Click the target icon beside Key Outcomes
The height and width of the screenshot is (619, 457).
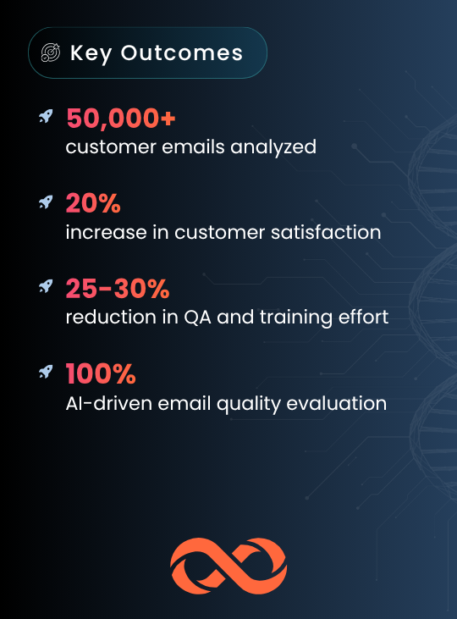coord(51,53)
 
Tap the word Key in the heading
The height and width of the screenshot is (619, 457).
coord(91,53)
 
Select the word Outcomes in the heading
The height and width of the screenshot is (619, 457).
coord(182,53)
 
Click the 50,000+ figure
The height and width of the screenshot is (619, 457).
coord(121,119)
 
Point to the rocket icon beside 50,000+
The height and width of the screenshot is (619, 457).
coord(46,117)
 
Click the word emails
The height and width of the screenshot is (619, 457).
coord(193,146)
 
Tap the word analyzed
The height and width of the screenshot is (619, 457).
coord(273,147)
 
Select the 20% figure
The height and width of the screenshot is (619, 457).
coord(93,203)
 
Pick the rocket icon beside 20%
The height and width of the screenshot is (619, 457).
coord(46,202)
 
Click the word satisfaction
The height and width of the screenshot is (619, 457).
coord(326,232)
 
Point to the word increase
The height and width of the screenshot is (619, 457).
coord(106,232)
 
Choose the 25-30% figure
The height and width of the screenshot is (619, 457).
coord(118,288)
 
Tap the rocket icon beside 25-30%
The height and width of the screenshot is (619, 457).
coord(46,286)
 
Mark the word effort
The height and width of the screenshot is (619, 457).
coord(363,317)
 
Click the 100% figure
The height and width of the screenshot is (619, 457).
coord(101,373)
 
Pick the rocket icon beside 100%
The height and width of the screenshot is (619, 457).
coord(46,372)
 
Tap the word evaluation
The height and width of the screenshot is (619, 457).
coord(336,403)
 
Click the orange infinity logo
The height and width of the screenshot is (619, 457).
coord(228,566)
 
